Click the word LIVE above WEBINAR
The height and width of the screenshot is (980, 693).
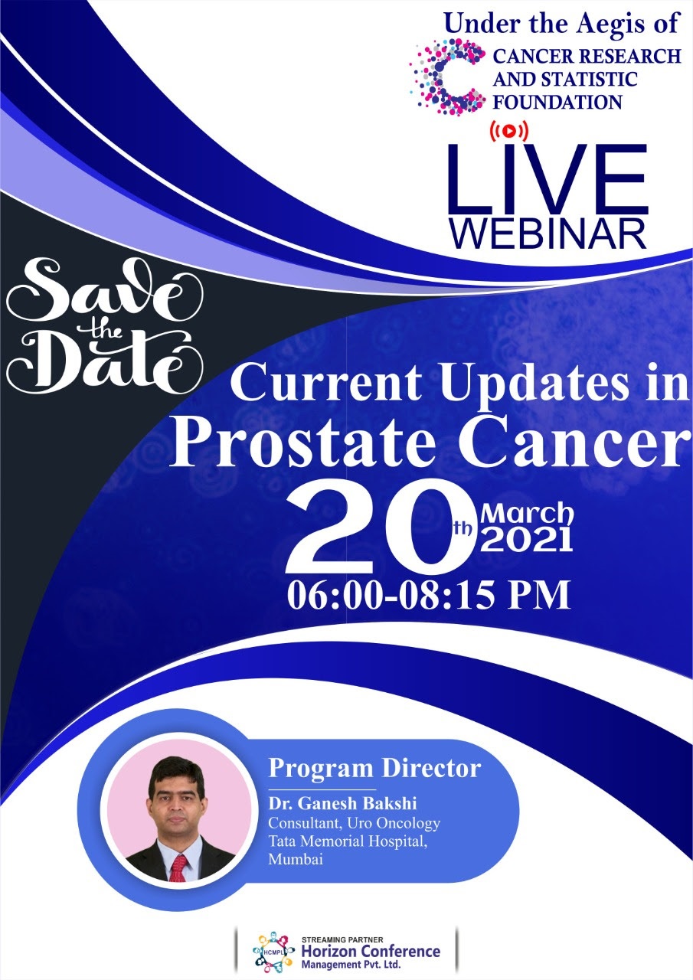pyautogui.click(x=546, y=179)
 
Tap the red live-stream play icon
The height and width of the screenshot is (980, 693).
pyautogui.click(x=508, y=130)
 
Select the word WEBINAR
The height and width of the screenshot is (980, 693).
pyautogui.click(x=548, y=234)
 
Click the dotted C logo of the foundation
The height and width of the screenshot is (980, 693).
pyautogui.click(x=447, y=77)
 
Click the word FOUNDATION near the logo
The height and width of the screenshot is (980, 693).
pyautogui.click(x=557, y=103)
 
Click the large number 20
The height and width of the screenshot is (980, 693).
pyautogui.click(x=380, y=528)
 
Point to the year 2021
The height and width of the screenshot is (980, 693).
pyautogui.click(x=527, y=541)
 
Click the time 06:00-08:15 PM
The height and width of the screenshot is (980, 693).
pyautogui.click(x=429, y=595)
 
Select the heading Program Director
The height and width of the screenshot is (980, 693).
pyautogui.click(x=374, y=768)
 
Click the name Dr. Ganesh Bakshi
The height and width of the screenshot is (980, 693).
pyautogui.click(x=342, y=803)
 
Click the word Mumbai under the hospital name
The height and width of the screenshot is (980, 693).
pyautogui.click(x=296, y=859)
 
